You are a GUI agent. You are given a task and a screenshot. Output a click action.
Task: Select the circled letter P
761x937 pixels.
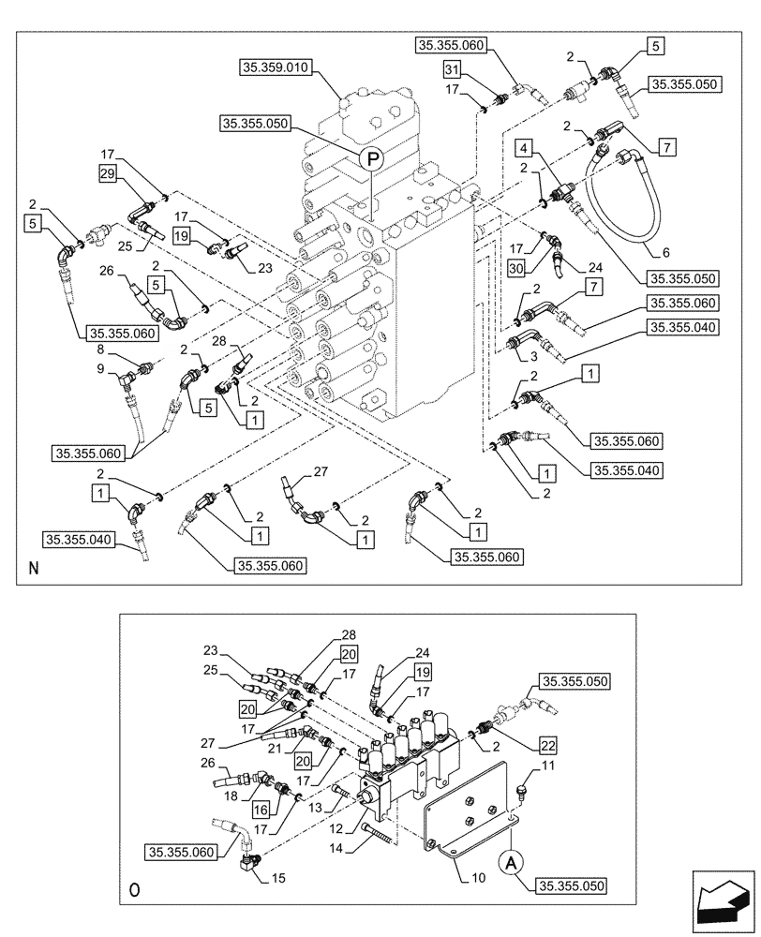370,158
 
